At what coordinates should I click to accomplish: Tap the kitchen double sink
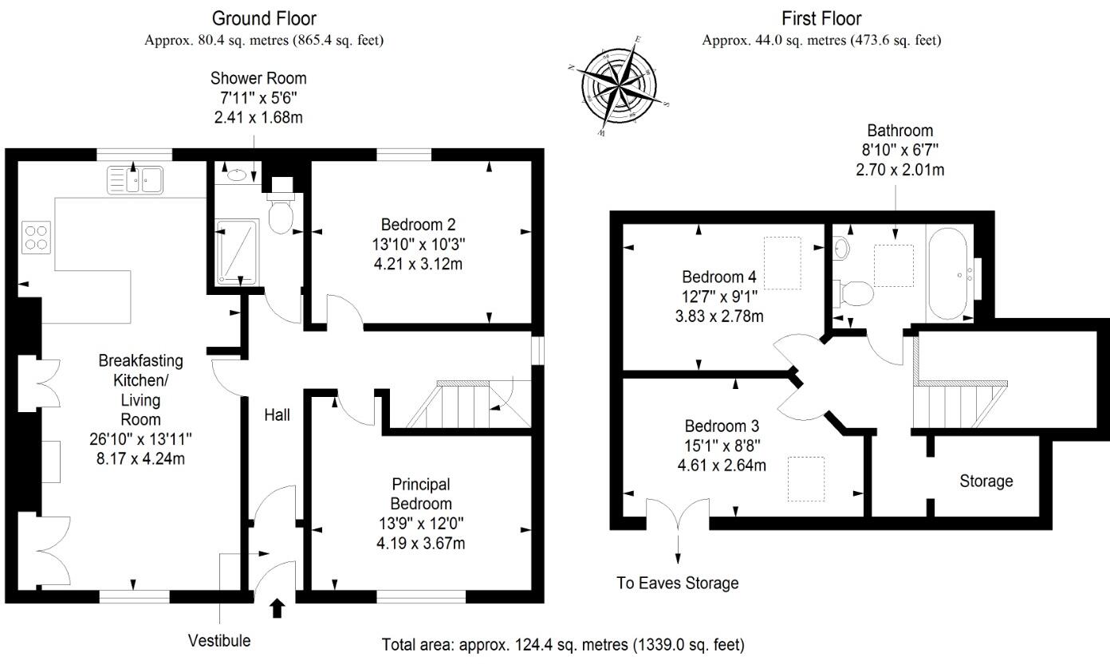pyautogui.click(x=135, y=180)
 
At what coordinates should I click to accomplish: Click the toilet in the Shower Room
pyautogui.click(x=281, y=212)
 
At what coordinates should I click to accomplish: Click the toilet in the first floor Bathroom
pyautogui.click(x=855, y=293)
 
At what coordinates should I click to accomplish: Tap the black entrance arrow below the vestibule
pyautogui.click(x=277, y=609)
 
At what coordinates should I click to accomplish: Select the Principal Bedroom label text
pyautogui.click(x=421, y=494)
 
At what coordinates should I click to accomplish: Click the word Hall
pyautogui.click(x=277, y=415)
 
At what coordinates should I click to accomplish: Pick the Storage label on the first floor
pyautogui.click(x=986, y=481)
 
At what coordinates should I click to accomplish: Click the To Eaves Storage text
pyautogui.click(x=678, y=583)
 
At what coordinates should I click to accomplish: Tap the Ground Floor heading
pyautogui.click(x=264, y=18)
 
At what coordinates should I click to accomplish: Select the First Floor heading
pyautogui.click(x=821, y=18)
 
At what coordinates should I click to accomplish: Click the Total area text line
pyautogui.click(x=563, y=644)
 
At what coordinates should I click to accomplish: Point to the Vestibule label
pyautogui.click(x=219, y=640)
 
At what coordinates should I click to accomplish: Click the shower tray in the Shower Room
pyautogui.click(x=236, y=252)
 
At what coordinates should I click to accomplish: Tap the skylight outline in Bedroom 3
pyautogui.click(x=806, y=478)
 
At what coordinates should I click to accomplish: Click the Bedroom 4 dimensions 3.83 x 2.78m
pyautogui.click(x=718, y=316)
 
